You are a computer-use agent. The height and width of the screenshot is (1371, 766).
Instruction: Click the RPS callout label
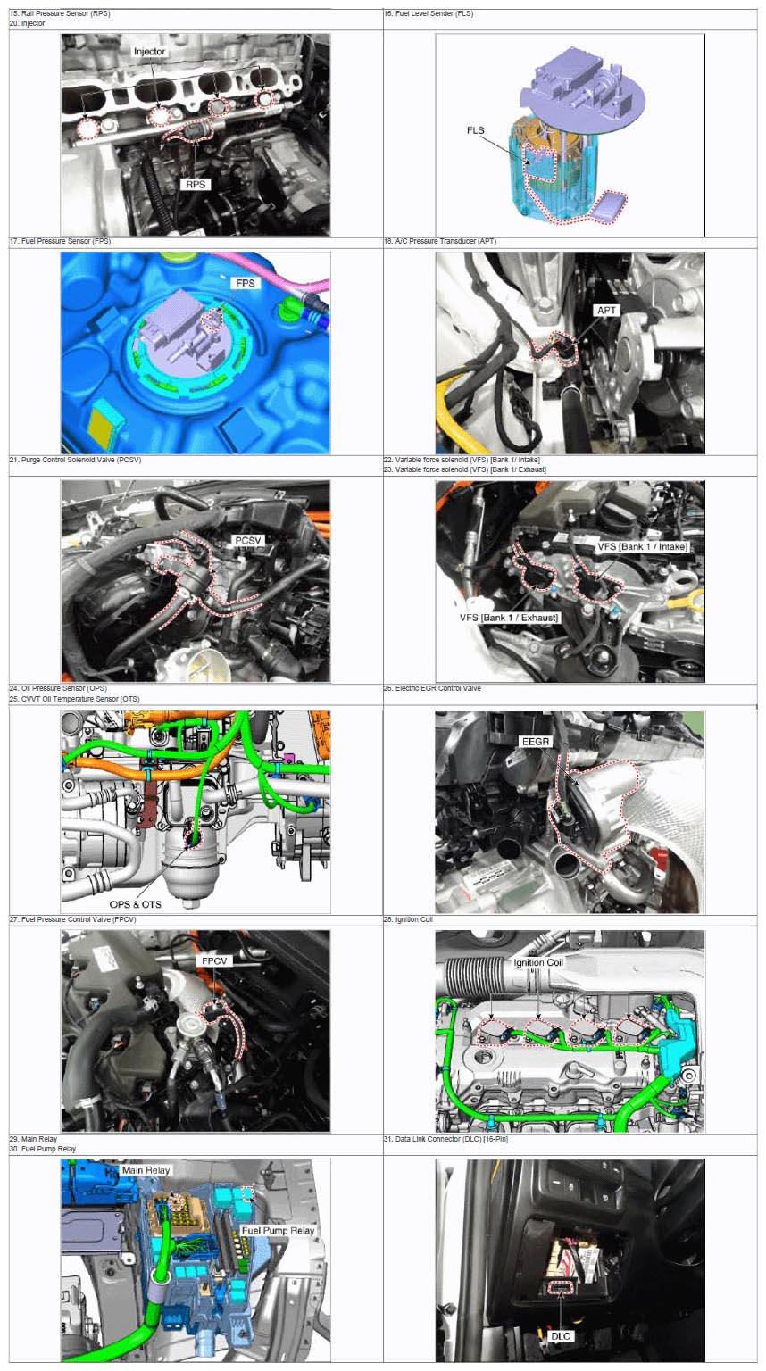[x=196, y=184]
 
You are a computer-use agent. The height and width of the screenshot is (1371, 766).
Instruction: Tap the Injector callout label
[x=149, y=52]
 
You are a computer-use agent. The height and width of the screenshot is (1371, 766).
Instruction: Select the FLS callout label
[x=475, y=130]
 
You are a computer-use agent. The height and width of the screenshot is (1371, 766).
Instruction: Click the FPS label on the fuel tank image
[x=246, y=283]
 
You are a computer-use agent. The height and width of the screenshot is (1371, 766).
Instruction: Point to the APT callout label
[x=606, y=311]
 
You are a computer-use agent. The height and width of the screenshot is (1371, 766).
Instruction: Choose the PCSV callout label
[x=248, y=540]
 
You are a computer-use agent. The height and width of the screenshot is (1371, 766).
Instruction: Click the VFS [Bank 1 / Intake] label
[x=642, y=546]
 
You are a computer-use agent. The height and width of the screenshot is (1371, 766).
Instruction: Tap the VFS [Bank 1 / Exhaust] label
[x=509, y=618]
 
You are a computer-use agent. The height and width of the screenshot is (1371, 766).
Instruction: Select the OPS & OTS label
[x=136, y=904]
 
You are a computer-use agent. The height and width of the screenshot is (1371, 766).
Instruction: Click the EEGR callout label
[x=536, y=742]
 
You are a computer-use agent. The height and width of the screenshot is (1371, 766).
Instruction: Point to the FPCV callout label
[x=214, y=961]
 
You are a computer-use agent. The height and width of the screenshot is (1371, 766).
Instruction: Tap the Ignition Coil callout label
[x=538, y=963]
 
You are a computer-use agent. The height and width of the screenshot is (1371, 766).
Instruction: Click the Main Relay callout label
[x=146, y=1170]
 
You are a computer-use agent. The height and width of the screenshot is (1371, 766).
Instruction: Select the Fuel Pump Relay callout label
[x=278, y=1230]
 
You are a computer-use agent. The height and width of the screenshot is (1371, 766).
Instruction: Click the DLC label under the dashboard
[x=561, y=1336]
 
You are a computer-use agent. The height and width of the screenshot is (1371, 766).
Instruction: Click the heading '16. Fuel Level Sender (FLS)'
[x=429, y=13]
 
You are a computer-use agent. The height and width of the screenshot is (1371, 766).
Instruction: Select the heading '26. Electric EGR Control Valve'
[x=432, y=688]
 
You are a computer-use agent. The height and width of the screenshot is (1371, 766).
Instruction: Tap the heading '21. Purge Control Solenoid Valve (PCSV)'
[x=75, y=460]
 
